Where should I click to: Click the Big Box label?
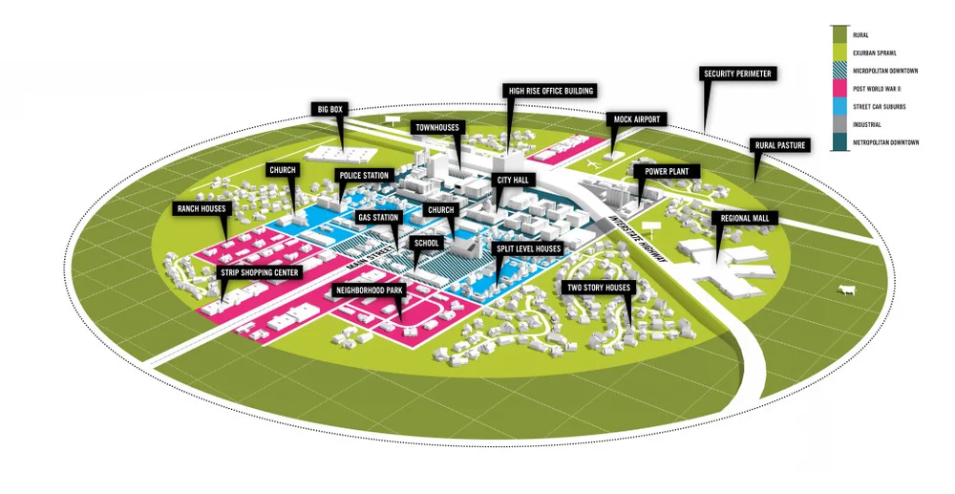click(330, 110)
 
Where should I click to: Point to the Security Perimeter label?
click(737, 73)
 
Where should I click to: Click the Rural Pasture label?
click(780, 145)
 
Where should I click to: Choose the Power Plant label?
click(671, 171)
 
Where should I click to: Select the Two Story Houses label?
click(599, 287)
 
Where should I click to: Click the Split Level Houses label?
click(528, 248)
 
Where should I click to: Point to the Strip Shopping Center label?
click(261, 272)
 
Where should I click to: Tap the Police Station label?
click(364, 176)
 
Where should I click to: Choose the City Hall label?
click(518, 179)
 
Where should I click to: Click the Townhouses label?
click(437, 126)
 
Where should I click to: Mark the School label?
click(427, 243)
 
